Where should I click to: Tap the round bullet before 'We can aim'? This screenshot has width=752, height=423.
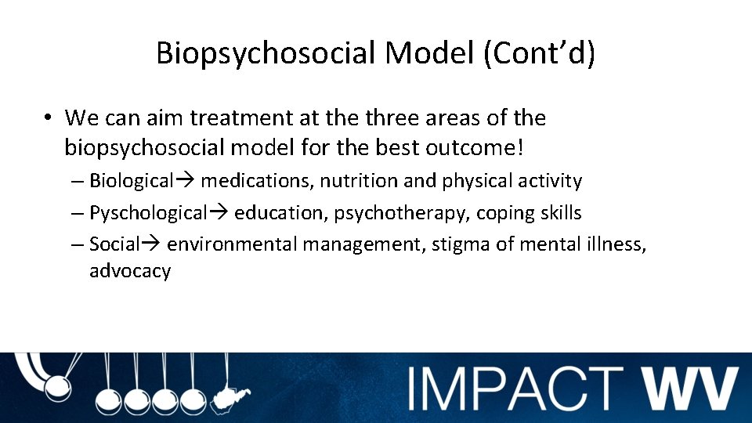(x=48, y=118)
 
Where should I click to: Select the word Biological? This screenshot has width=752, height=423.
(x=131, y=181)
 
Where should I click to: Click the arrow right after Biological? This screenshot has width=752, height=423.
(x=186, y=181)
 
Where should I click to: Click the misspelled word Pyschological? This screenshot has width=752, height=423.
(x=147, y=212)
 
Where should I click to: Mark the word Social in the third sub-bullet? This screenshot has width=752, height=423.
(x=114, y=244)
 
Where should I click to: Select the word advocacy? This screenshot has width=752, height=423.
(x=130, y=271)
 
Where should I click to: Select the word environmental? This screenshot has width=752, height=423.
(x=233, y=244)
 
